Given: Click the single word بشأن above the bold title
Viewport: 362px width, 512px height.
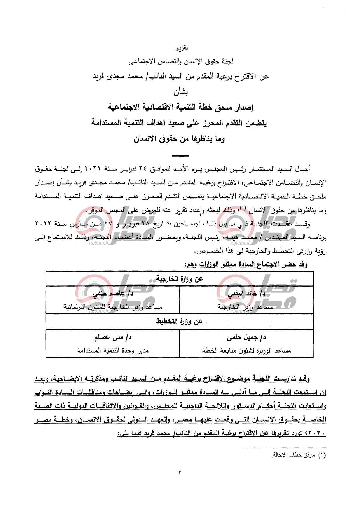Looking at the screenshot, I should [181, 92].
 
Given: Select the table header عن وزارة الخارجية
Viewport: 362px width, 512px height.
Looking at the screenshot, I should [179, 279].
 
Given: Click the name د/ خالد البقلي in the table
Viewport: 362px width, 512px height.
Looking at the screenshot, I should [246, 294].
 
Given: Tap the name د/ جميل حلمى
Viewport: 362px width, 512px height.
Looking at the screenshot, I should [246, 337].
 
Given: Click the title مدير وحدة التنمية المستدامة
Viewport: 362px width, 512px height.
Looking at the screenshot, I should [113, 350].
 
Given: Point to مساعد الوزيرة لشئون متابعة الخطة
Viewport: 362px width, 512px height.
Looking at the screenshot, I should [246, 350].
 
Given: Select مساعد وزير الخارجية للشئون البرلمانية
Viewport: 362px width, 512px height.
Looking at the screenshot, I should [113, 307].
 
